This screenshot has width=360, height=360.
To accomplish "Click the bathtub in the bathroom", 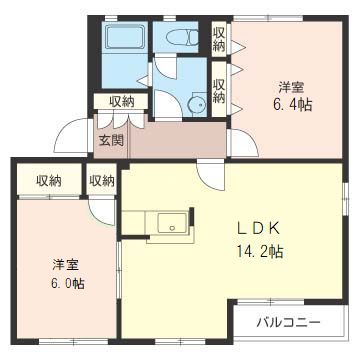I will click(x=126, y=41).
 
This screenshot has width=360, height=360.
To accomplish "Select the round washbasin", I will click(x=197, y=101).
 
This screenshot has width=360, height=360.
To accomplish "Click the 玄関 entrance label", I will click(x=111, y=140).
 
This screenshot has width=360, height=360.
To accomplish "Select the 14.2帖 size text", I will click(x=258, y=251).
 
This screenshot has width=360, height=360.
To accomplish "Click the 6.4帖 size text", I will click(x=294, y=103).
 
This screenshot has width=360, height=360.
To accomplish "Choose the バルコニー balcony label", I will click(x=288, y=322).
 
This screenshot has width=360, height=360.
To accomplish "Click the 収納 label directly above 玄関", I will click(x=121, y=101).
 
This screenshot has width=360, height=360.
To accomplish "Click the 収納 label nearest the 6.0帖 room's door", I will click(x=101, y=181).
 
